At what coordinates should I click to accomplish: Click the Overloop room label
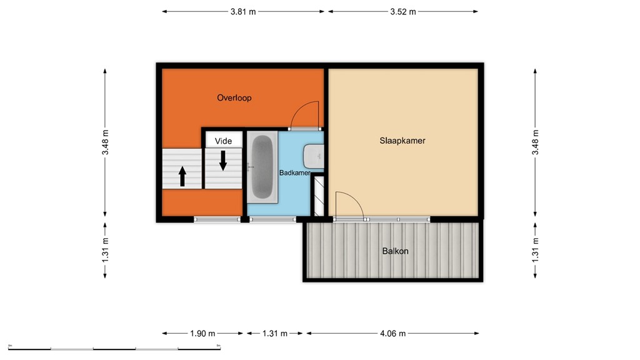click(x=234, y=97)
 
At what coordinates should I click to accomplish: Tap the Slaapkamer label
click(x=402, y=141)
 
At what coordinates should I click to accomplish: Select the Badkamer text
click(x=294, y=173)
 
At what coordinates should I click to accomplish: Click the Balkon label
click(x=395, y=251)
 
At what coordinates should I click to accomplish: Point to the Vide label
click(x=223, y=141)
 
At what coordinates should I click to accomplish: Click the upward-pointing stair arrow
click(x=182, y=176)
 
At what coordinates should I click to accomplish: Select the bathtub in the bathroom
click(x=262, y=167)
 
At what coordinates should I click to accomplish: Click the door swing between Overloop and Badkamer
click(x=306, y=116)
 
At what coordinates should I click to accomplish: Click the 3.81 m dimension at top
click(x=243, y=11)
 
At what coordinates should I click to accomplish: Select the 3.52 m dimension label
click(x=403, y=11)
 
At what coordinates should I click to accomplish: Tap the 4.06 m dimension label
click(x=392, y=333)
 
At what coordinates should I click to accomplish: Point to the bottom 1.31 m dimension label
click(x=274, y=333)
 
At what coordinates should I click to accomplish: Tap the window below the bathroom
click(x=272, y=219)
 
